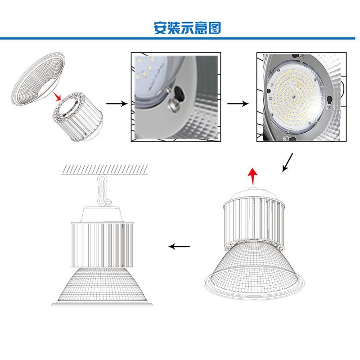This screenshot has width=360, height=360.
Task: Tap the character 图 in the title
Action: (x=215, y=28)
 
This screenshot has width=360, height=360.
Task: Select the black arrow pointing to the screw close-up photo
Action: (x=117, y=103)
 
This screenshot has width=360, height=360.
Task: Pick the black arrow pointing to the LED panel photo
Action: (x=238, y=103)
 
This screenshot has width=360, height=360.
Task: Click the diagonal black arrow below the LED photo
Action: (x=288, y=162)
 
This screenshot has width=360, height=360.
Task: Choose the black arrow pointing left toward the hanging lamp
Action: (x=179, y=246)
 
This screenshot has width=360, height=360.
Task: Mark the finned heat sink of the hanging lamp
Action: (x=102, y=243)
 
